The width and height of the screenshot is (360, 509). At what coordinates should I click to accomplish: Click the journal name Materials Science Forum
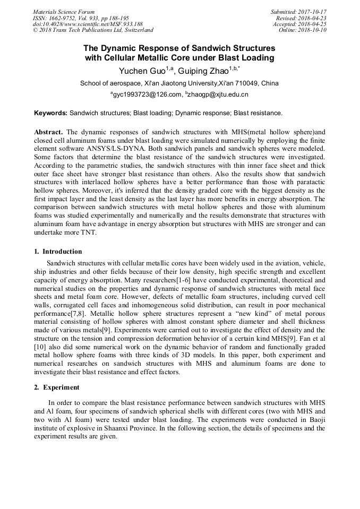(64, 12)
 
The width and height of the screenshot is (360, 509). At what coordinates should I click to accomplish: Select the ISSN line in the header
(81, 18)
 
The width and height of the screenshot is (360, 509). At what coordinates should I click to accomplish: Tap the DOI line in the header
(88, 24)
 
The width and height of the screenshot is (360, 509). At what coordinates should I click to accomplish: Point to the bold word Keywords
(50, 113)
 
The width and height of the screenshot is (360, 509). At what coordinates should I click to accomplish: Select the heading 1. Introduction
(58, 251)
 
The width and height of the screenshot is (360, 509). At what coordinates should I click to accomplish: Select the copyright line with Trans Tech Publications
(93, 30)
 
